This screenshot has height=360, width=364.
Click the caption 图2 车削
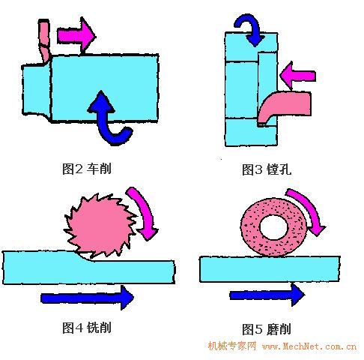87,169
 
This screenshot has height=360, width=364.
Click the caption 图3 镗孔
267,169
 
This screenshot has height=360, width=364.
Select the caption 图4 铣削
87,327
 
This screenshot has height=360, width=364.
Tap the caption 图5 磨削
267,329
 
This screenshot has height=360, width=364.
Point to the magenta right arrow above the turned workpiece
76,35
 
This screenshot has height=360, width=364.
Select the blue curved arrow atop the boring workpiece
249,28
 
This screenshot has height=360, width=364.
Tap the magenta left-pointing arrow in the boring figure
297,76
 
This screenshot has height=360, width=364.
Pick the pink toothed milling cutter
100,225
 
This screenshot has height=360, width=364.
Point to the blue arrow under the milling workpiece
88,298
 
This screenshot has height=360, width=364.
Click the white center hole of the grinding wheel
274,227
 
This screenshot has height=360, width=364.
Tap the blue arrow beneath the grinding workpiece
267,295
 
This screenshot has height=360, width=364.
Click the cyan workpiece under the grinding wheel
270,269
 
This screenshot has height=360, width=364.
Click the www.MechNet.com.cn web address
309,346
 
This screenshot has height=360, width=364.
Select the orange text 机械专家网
232,346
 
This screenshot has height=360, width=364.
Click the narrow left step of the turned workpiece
36,90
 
